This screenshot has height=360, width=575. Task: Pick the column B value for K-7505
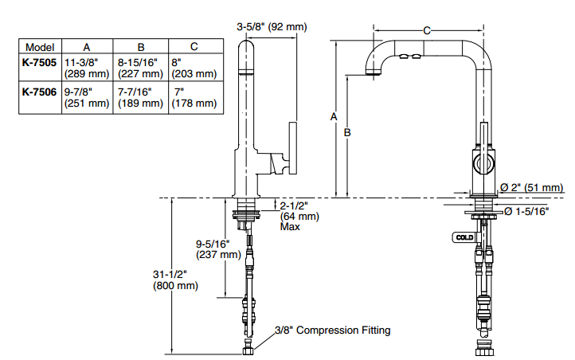pyautogui.click(x=141, y=67)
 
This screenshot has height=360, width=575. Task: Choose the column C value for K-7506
pyautogui.click(x=194, y=97)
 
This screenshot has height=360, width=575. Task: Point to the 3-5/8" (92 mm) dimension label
pyautogui.click(x=272, y=27)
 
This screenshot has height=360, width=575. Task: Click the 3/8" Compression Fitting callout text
pyautogui.click(x=332, y=330)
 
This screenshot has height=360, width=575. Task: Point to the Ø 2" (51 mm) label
pyautogui.click(x=531, y=187)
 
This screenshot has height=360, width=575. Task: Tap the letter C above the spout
pyautogui.click(x=427, y=31)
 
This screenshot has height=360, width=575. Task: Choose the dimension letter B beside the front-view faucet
pyautogui.click(x=347, y=133)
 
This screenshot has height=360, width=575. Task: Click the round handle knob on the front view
pyautogui.click(x=483, y=164)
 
